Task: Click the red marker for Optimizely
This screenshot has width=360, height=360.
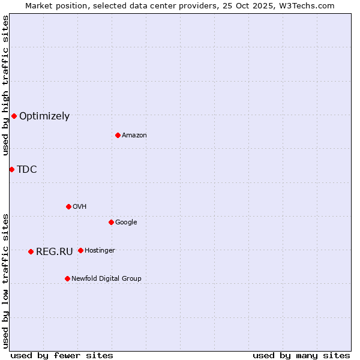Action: click(14, 116)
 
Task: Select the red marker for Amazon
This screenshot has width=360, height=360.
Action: click(118, 135)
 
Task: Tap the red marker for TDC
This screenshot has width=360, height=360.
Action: click(11, 169)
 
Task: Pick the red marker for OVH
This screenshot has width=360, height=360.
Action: click(68, 206)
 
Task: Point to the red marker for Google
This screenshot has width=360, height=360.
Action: click(111, 222)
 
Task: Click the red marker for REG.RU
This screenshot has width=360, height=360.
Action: click(31, 251)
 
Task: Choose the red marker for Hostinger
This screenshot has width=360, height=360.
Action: click(80, 250)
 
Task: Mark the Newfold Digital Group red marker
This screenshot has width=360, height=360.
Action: click(67, 278)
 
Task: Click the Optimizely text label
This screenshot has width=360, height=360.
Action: click(44, 116)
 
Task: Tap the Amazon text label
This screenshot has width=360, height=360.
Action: click(134, 136)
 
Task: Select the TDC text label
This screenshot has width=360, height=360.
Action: click(27, 170)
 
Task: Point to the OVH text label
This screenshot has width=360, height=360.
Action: click(80, 207)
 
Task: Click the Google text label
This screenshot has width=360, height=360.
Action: click(126, 223)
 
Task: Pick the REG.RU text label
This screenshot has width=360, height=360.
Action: click(55, 252)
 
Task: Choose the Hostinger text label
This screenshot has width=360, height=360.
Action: click(100, 251)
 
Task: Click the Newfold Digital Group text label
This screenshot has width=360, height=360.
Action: click(106, 279)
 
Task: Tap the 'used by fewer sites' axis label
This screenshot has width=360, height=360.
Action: click(62, 355)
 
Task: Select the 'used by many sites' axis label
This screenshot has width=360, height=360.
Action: click(301, 355)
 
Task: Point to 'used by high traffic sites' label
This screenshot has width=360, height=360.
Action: click(5, 86)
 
